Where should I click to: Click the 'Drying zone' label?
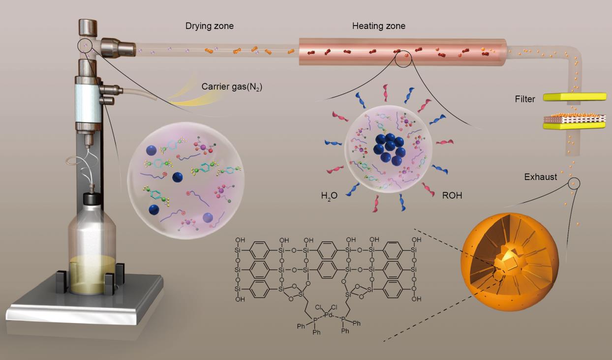tap(209, 26)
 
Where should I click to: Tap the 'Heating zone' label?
tap(378, 26)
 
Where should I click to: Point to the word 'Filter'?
tap(525, 99)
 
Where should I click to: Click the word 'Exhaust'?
tap(540, 177)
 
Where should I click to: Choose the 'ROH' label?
tap(451, 196)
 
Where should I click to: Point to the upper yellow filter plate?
tap(574, 98)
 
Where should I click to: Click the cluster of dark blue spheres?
tap(389, 147)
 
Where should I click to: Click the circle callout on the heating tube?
tap(403, 59)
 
